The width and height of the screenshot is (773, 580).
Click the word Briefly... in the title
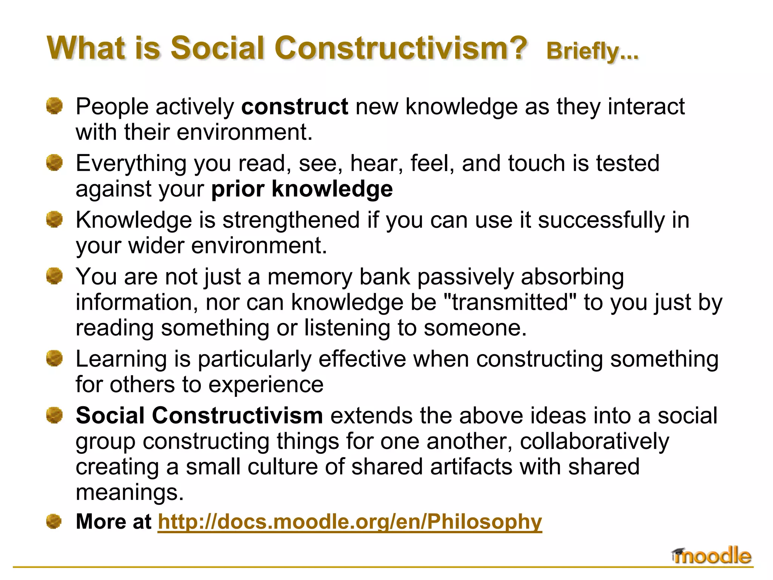592,51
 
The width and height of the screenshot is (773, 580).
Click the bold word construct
294,107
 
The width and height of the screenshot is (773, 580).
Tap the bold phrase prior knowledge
302,189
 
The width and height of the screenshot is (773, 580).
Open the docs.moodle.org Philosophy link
350,522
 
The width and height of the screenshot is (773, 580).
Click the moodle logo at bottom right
712,556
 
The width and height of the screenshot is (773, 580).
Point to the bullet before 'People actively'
54,106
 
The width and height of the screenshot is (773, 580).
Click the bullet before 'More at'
54,521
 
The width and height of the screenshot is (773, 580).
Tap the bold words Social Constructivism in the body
199,416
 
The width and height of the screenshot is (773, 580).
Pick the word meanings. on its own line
129,492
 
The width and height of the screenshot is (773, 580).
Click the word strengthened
291,220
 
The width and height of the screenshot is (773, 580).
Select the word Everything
131,164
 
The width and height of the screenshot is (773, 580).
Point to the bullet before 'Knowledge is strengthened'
54,219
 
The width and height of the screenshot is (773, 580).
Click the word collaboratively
594,441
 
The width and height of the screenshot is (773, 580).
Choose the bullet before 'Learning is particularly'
54,358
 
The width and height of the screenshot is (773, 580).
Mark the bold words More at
113,522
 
